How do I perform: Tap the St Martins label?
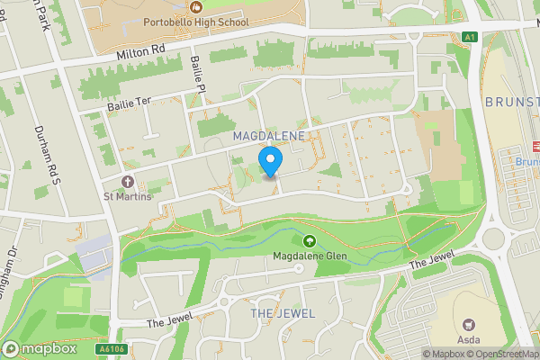point(127,197)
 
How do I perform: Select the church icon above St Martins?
point(127,182)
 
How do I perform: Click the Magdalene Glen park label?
point(310,256)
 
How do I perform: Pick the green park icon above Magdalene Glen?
point(310,241)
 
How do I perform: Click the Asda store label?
point(468,339)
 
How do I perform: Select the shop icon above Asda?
point(468,324)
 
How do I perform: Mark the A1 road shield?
point(469,36)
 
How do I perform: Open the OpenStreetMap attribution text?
point(507,354)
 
